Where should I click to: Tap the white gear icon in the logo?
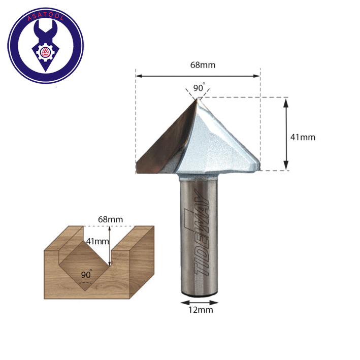46,52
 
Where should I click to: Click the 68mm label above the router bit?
203,65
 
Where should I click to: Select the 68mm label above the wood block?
110,219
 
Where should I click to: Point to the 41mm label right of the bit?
303,137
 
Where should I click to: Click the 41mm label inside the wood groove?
97,241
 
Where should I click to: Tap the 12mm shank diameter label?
201,310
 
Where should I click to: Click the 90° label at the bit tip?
199,87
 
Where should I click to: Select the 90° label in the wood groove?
86,274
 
